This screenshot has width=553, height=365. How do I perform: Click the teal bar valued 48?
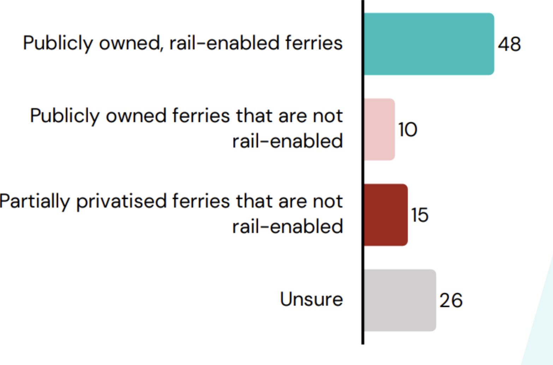[429, 44]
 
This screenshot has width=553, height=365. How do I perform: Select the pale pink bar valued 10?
[379, 129]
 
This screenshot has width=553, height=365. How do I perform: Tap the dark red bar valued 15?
[386, 215]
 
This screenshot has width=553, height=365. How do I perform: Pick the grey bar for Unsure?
[400, 300]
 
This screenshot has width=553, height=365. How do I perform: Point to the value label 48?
[509, 44]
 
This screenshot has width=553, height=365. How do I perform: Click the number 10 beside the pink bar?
[408, 130]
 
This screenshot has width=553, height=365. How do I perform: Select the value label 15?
[420, 215]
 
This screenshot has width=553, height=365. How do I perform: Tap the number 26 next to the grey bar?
[451, 301]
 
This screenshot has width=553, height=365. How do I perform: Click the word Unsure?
[311, 299]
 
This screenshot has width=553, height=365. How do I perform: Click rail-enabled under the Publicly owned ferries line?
[287, 141]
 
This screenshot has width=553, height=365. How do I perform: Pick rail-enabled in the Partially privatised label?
[287, 227]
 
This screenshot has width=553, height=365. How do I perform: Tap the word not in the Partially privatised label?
[328, 202]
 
